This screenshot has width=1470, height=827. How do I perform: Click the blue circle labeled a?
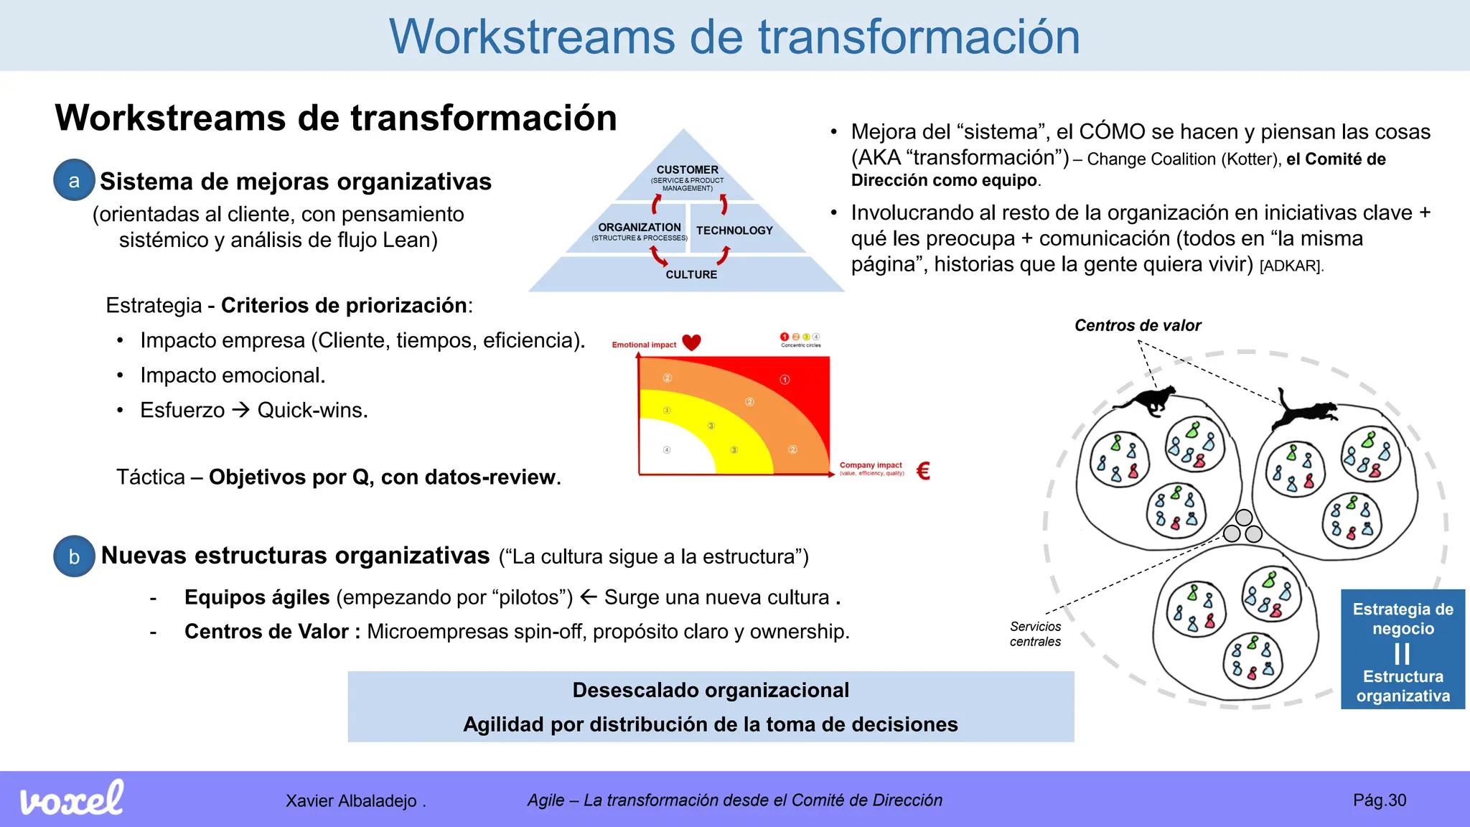pos(74,180)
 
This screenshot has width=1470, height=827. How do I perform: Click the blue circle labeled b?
pos(74,556)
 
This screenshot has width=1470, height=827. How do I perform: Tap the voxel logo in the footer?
pos(72,798)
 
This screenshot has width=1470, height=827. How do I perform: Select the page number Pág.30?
pos(1379,800)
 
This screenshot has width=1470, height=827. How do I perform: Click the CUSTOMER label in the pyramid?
pos(687,170)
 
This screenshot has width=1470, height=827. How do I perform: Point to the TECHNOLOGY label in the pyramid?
pos(734,230)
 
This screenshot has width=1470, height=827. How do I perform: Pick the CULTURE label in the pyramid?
pos(691,274)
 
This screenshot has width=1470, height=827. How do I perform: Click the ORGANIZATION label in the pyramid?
pos(640,228)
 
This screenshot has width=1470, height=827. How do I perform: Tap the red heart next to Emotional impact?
pos(691,342)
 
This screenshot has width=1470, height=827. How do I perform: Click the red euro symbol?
pos(924,471)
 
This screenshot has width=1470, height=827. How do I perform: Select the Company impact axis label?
pos(871,465)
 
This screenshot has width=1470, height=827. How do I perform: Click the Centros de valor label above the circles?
pos(1138,325)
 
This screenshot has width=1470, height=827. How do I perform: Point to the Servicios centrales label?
pos(1035,634)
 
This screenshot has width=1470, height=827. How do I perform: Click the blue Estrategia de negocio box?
pos(1403,650)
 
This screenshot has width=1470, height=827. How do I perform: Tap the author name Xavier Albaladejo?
pos(351,800)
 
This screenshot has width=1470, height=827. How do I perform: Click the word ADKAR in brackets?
pos(1291,266)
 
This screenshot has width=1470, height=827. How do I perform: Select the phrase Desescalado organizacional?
pos(711,690)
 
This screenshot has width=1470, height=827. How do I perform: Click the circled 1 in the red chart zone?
pos(785,379)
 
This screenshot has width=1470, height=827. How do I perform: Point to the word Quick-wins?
pos(312,410)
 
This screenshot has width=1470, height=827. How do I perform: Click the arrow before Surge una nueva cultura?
pos(589,597)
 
